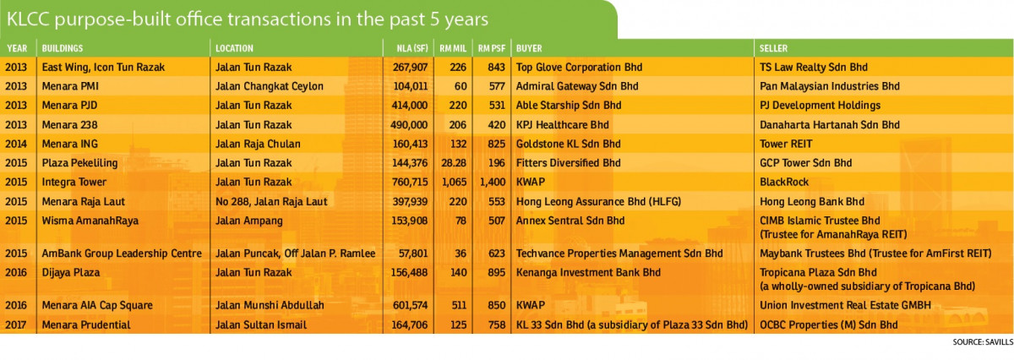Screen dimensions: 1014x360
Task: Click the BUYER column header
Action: [x=529, y=48]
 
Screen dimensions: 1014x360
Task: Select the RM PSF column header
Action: [x=491, y=48]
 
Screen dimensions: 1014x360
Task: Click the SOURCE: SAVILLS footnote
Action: [x=982, y=342]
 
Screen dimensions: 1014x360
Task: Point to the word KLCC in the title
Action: [x=28, y=19]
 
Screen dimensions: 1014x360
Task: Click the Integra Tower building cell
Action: [x=74, y=182]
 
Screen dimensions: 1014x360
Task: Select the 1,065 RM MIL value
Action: [x=453, y=182]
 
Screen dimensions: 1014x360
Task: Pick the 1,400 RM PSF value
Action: [x=493, y=182]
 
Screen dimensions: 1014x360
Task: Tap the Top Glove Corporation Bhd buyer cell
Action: [x=579, y=68]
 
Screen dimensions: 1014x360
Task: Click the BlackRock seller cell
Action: [x=784, y=182]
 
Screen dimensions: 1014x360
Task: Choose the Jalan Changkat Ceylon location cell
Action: [x=270, y=86]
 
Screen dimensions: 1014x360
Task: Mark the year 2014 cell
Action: [x=16, y=144]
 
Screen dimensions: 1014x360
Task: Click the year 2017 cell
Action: [x=16, y=325]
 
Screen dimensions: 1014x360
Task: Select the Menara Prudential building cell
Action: [x=86, y=325]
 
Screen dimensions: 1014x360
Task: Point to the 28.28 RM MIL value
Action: [x=453, y=163]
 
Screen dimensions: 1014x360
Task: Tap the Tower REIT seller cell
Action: [x=786, y=144]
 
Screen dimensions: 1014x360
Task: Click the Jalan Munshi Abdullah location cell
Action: [x=270, y=305]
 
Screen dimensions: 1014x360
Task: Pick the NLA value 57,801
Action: [x=413, y=254]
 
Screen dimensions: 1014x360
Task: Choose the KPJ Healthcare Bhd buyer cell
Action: [x=562, y=125]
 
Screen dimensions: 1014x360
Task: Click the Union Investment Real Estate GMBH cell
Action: [x=845, y=305]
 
